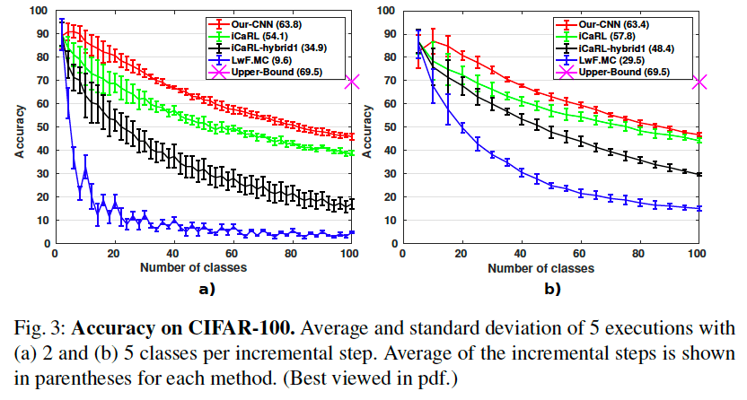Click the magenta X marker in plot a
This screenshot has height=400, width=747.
(353, 82)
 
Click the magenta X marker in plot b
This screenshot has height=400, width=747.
(699, 82)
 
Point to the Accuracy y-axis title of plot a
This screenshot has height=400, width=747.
(19, 127)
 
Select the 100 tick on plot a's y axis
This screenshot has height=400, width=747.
(39, 12)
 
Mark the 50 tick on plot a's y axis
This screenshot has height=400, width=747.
(41, 127)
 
